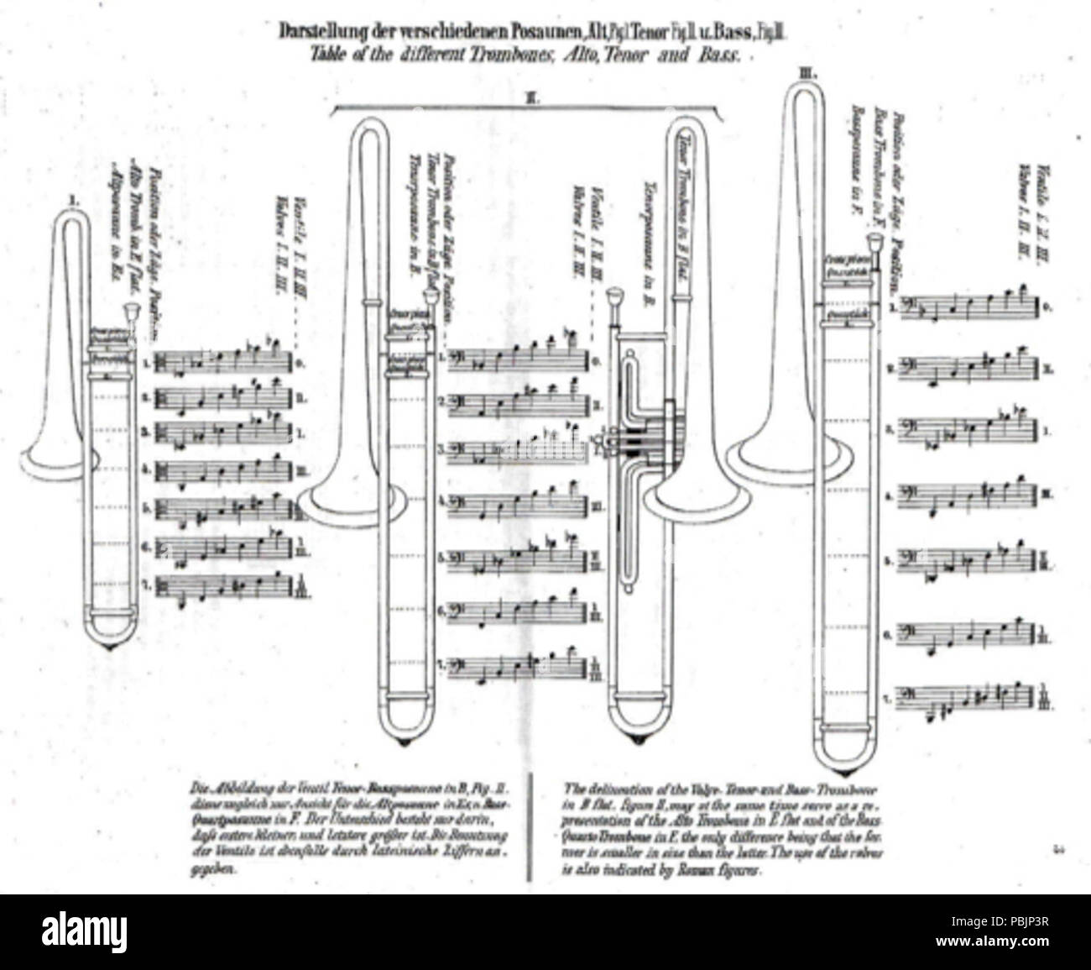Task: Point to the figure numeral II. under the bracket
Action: pos(530,99)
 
